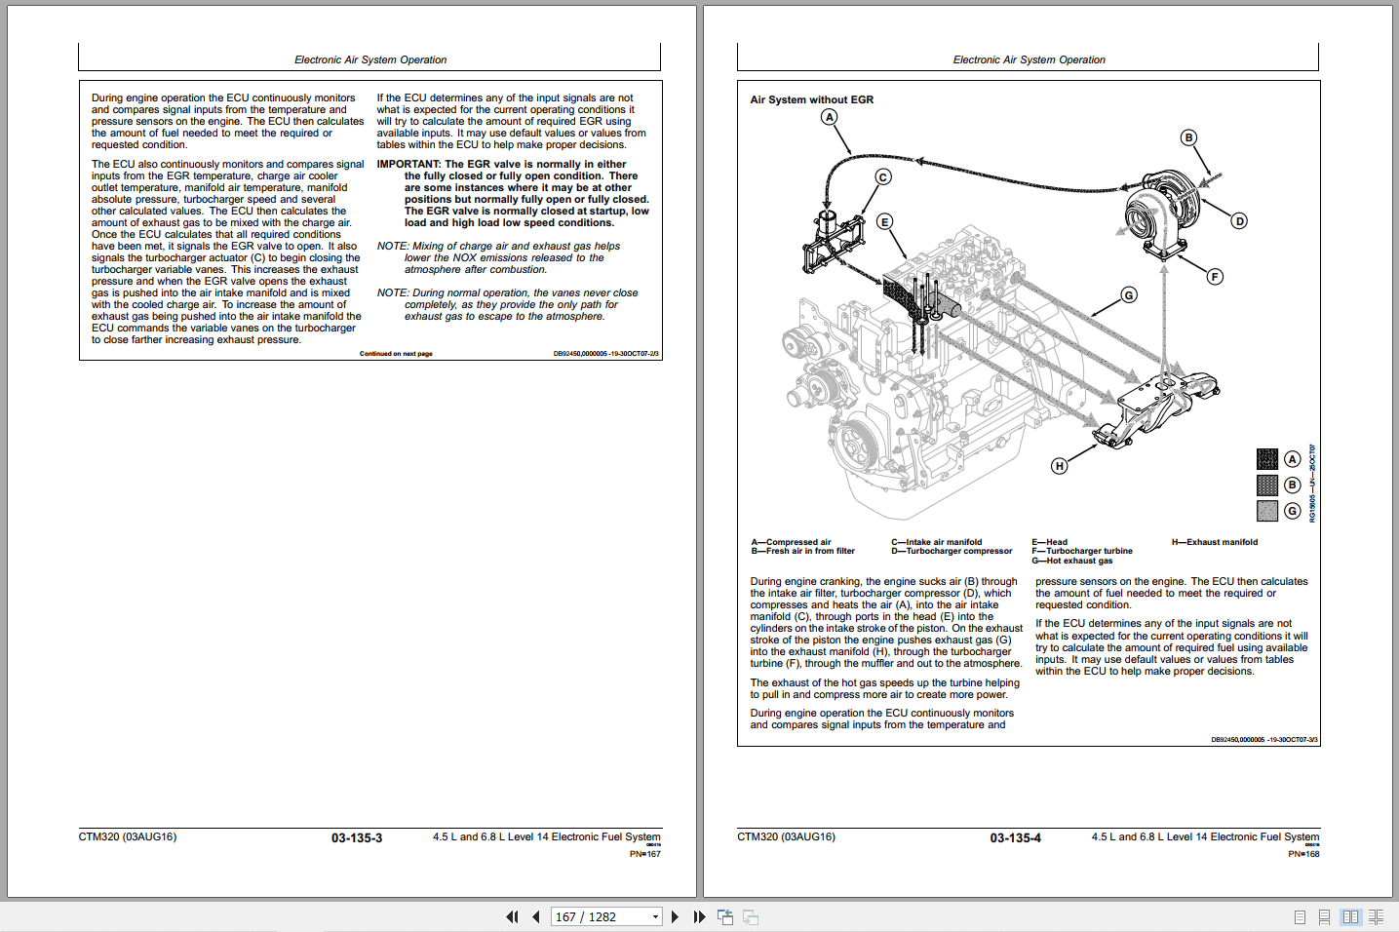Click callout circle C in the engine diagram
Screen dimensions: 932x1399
(882, 176)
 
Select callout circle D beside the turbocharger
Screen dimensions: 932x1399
(1239, 221)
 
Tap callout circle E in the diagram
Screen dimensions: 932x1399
(884, 222)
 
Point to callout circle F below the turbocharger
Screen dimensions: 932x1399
(1215, 277)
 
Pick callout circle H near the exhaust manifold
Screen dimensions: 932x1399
(1059, 466)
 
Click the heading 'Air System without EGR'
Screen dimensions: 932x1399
(811, 99)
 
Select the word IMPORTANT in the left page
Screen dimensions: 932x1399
(408, 165)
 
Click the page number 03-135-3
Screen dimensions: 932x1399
(357, 838)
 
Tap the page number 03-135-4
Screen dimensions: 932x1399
(1015, 838)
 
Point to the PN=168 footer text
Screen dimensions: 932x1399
(1303, 854)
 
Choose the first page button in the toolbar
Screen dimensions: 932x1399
(512, 916)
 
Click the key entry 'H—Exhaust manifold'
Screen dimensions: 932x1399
(1214, 542)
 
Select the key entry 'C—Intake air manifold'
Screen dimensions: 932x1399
(936, 542)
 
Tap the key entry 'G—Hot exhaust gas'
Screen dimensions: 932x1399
(1071, 561)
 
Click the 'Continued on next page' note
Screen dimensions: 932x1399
(396, 354)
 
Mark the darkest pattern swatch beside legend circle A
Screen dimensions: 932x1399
(1266, 459)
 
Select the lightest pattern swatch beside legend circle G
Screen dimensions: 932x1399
(1266, 511)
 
